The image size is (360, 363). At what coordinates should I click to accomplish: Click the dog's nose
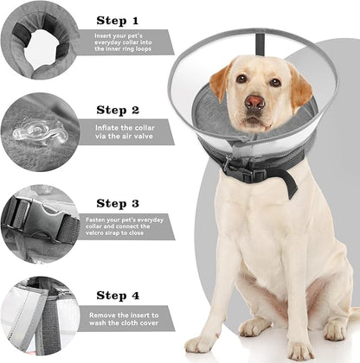pos(254,102)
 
